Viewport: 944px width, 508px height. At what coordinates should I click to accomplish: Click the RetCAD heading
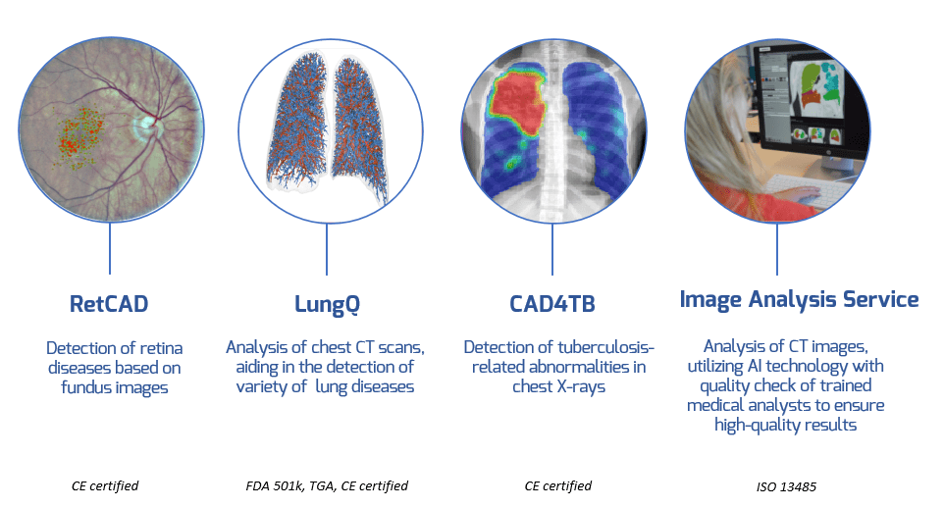click(109, 304)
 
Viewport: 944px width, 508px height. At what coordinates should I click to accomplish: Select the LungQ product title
click(327, 305)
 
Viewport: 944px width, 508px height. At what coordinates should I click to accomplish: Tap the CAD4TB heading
click(552, 304)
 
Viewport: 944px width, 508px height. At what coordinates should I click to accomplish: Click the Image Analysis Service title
click(799, 300)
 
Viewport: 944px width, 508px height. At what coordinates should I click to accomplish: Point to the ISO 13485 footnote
click(786, 486)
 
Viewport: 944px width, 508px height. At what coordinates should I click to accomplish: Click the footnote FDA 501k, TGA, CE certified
click(327, 485)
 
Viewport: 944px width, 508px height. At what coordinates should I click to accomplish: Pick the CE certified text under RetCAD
click(105, 485)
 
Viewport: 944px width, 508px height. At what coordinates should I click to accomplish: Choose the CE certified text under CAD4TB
click(558, 485)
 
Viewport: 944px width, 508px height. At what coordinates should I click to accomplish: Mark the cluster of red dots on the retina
click(79, 137)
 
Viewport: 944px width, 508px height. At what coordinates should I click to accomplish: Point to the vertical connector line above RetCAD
click(110, 248)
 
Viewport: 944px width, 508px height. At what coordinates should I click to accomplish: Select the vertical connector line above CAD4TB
click(552, 249)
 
